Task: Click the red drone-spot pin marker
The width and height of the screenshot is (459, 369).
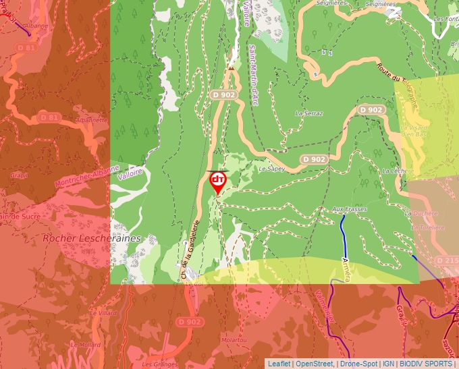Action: [x=218, y=181]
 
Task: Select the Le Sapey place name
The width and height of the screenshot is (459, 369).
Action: [x=272, y=169]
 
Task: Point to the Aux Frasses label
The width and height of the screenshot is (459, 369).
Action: [x=350, y=210]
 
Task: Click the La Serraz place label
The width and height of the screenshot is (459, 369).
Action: [x=309, y=113]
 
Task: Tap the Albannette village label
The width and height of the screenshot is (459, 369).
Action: [x=92, y=120]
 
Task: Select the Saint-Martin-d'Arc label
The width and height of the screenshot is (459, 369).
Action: [x=254, y=75]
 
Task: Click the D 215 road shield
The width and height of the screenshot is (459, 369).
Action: [x=447, y=260]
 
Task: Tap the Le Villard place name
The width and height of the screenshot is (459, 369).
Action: [x=103, y=314]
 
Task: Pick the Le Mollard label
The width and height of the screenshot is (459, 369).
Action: [x=86, y=344]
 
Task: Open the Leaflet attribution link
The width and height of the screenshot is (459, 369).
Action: [x=279, y=364]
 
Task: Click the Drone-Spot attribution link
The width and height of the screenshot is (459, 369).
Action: [x=358, y=364]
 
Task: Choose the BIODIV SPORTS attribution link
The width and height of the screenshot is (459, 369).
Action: [x=426, y=364]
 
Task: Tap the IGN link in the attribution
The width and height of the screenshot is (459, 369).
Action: [x=388, y=364]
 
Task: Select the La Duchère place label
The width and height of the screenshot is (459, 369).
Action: [x=416, y=213]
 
